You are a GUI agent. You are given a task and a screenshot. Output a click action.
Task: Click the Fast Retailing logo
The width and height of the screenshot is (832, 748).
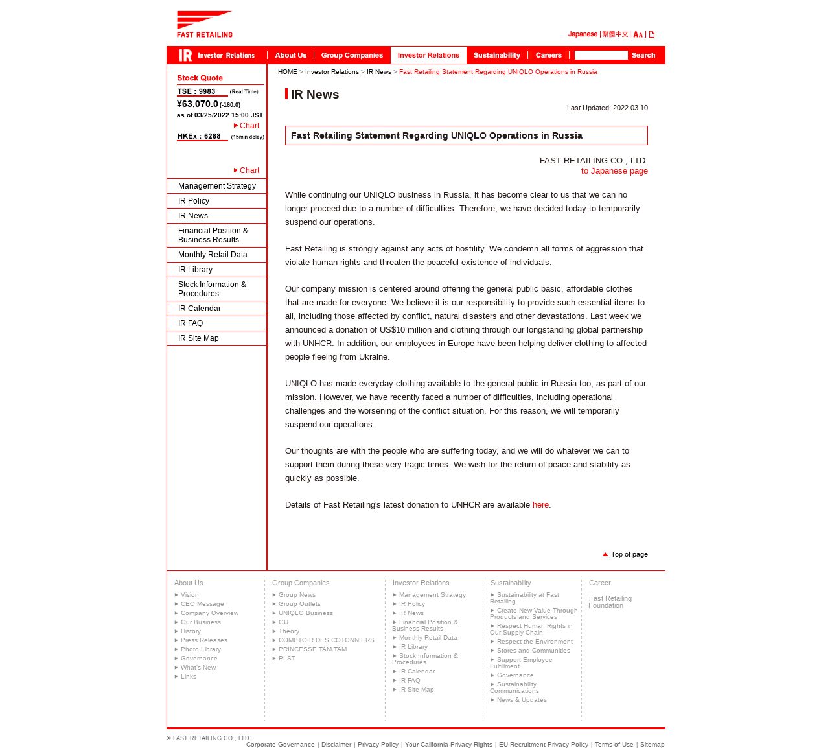[204, 24]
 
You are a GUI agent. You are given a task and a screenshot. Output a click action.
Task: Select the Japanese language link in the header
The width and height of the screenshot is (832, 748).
[583, 34]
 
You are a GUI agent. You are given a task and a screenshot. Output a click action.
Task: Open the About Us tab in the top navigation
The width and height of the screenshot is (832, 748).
[290, 55]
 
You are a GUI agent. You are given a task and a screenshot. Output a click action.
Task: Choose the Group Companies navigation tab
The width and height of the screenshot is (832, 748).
[352, 55]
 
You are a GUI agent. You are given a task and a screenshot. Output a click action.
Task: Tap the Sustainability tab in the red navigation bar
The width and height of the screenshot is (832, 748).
[496, 55]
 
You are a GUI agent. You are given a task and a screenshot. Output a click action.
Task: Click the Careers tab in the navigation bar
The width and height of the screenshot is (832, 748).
[548, 55]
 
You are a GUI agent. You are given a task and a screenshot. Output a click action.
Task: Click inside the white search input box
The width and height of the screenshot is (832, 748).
[601, 55]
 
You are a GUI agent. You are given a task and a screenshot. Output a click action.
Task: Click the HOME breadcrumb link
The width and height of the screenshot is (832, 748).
[287, 72]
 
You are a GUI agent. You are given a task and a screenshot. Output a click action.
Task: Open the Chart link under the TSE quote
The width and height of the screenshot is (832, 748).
[249, 126]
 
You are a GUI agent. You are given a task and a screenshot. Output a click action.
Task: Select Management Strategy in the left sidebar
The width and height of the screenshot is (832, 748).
[216, 186]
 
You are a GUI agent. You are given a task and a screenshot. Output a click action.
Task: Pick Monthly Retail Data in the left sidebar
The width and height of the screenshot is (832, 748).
[213, 255]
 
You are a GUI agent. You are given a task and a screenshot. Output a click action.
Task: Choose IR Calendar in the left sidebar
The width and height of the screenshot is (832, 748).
[199, 309]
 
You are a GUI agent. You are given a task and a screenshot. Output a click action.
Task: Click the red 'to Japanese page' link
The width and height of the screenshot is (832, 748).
[614, 171]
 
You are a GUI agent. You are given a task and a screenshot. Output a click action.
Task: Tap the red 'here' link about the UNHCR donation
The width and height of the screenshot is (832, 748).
[540, 505]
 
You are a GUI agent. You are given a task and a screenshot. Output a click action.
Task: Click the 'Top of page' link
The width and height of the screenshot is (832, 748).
[629, 555]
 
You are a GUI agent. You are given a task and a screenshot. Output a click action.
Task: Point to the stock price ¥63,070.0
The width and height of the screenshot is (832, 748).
[198, 104]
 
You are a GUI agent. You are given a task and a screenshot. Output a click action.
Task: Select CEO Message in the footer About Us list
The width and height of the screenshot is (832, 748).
[202, 604]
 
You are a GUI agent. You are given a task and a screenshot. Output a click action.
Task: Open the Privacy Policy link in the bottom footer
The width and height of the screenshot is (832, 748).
[378, 745]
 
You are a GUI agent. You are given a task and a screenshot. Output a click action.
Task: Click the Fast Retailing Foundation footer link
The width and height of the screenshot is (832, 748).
[610, 602]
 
